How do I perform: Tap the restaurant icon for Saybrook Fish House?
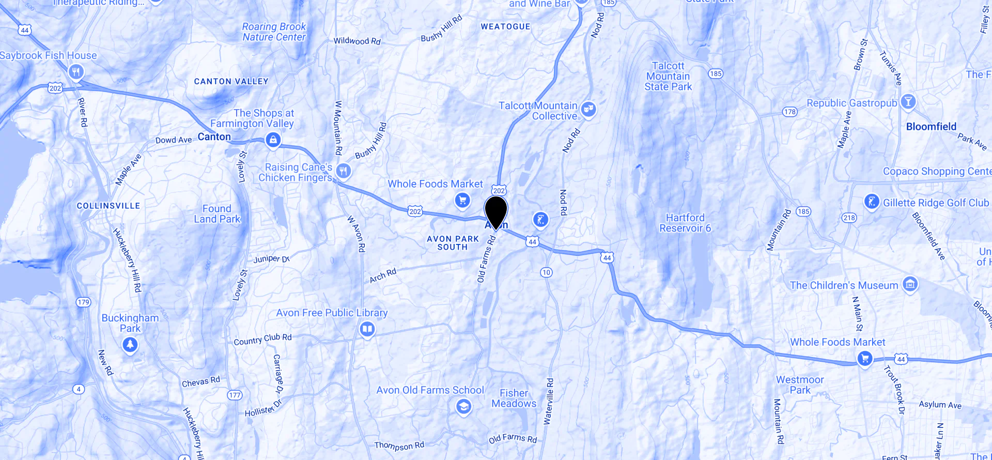(x=76, y=72)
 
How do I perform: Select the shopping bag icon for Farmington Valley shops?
(x=273, y=139)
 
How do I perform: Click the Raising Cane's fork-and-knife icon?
(x=344, y=170)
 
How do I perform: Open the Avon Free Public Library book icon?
(x=367, y=329)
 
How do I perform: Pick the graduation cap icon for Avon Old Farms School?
(x=463, y=407)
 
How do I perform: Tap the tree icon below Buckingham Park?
(x=130, y=344)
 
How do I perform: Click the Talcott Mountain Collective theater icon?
(x=588, y=109)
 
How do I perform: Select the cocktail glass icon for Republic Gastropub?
(x=908, y=102)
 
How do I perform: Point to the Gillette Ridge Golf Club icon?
(x=872, y=202)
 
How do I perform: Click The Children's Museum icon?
(x=910, y=284)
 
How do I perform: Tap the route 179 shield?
(x=83, y=302)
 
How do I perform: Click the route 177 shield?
(x=235, y=395)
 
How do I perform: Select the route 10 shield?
(x=546, y=272)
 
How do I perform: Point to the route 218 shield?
(x=849, y=218)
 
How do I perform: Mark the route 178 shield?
(x=789, y=112)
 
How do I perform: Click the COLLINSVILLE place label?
(x=109, y=206)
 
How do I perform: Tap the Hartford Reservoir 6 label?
(x=685, y=223)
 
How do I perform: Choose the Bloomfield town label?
(x=931, y=127)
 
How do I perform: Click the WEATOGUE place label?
(x=505, y=27)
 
